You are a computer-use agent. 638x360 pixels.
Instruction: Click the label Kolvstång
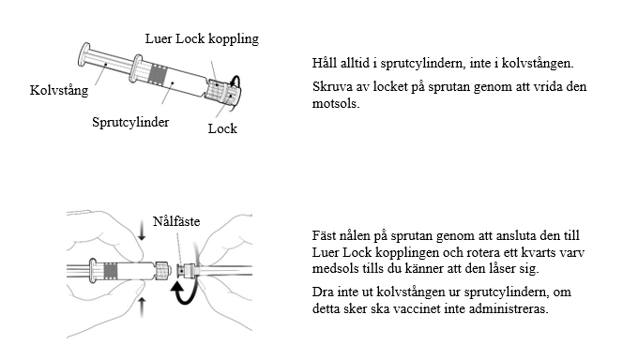[x=59, y=90]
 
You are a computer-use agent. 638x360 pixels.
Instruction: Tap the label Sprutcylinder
[x=130, y=122]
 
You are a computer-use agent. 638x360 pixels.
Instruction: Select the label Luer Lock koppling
[x=202, y=38]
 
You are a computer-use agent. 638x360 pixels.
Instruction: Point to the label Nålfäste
[x=176, y=221]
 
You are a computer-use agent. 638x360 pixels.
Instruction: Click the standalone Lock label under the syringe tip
[x=222, y=128]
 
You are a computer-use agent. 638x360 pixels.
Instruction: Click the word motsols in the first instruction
[x=336, y=103]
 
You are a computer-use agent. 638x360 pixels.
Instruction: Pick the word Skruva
[x=332, y=86]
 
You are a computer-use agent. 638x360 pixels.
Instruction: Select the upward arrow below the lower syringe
[x=142, y=307]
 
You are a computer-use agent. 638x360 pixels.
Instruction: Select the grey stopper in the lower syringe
[x=111, y=271]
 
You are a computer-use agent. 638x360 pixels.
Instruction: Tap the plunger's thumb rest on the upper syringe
[x=84, y=55]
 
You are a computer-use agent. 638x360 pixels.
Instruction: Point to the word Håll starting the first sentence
[x=325, y=63]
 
